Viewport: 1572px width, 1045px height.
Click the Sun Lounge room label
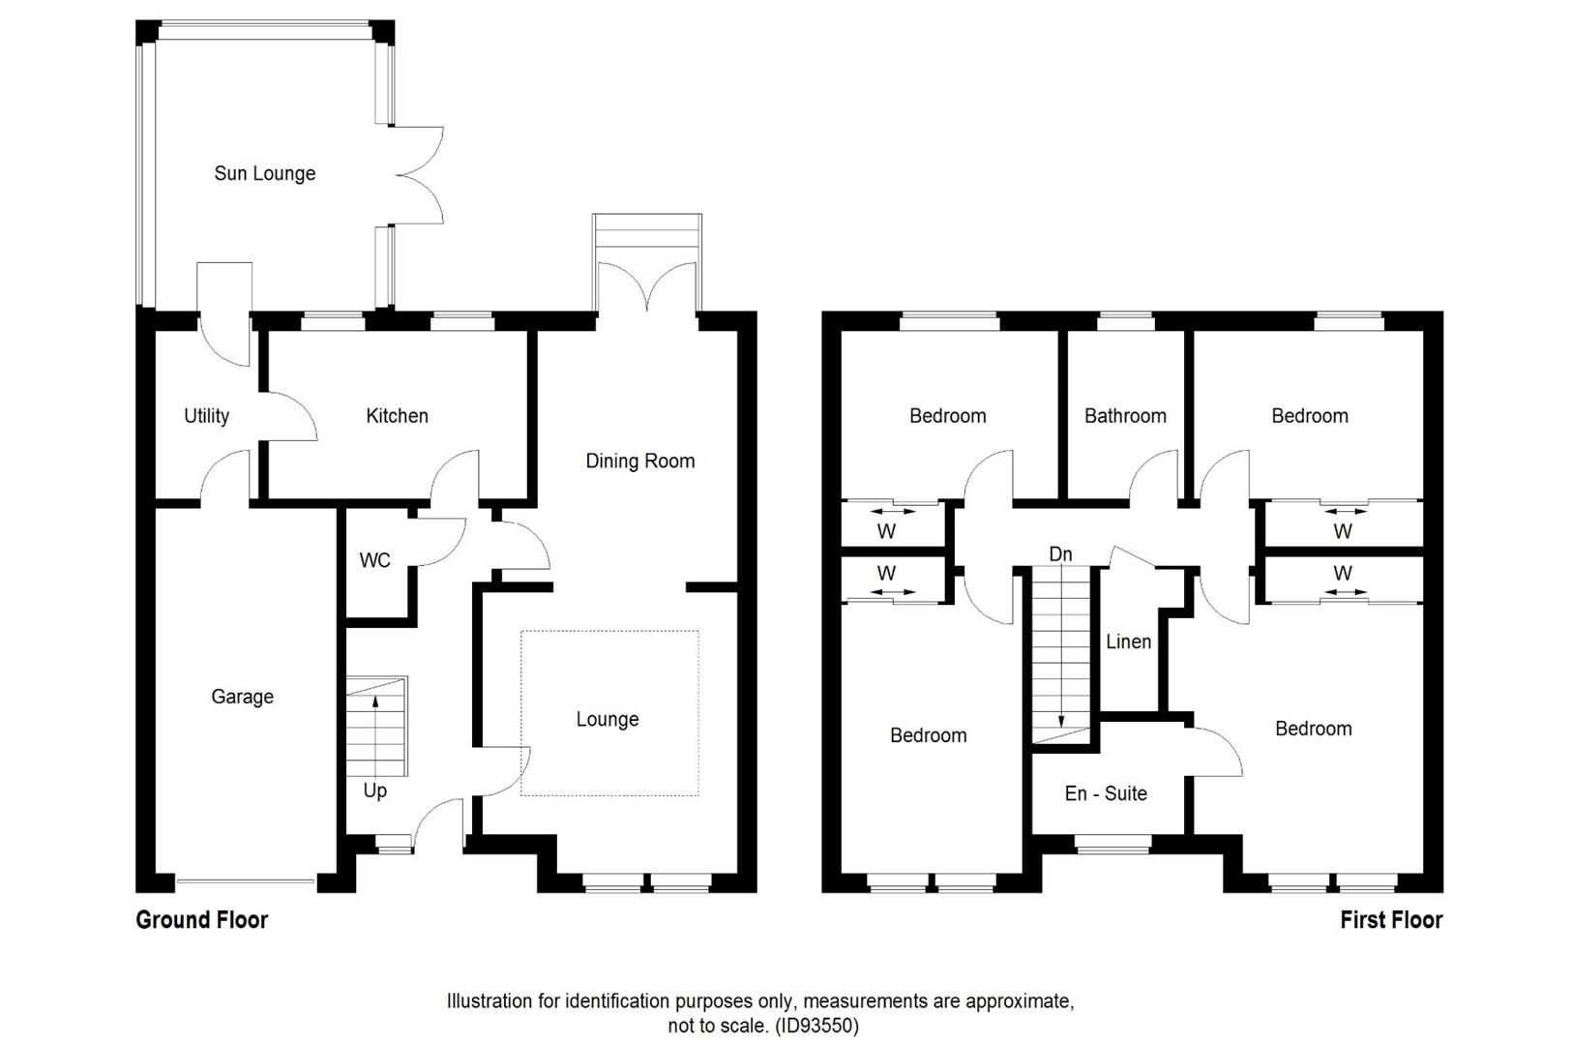pos(264,174)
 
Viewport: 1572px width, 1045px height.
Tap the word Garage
pos(242,697)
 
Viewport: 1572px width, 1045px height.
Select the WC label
pos(374,561)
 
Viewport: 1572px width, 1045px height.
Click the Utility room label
pos(206,416)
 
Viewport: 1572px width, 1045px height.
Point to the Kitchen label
pos(397,416)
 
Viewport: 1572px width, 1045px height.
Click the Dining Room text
pos(639,462)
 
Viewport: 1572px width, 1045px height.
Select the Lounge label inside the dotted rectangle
pos(607,720)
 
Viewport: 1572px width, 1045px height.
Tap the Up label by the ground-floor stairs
pos(374,791)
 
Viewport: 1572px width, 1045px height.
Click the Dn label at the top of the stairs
pos(1060,554)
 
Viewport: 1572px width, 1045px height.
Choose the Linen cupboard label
pos(1128,642)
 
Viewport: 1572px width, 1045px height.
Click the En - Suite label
pos(1106,794)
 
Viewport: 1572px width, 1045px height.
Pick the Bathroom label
pos(1125,416)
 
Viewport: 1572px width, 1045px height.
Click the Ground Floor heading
pos(201,920)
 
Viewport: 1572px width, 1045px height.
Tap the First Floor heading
pos(1390,920)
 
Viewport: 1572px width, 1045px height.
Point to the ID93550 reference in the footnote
pos(816,1026)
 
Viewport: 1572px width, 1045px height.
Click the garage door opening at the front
pos(246,881)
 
